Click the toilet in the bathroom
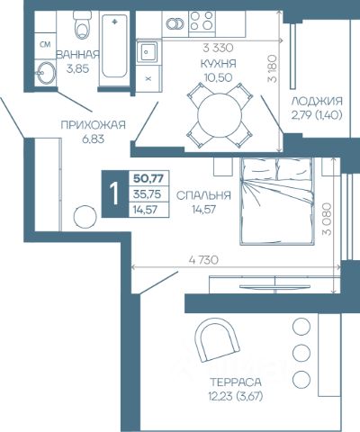pos(82,25)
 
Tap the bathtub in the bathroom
pos(114,46)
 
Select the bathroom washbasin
pos(45,73)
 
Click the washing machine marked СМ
pos(45,45)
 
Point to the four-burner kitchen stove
pos(202,22)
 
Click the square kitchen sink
pos(147,52)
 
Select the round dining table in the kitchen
pos(220,115)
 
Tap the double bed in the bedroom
pos(277,202)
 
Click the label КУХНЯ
pos(218,64)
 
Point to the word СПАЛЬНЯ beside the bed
pos(203,195)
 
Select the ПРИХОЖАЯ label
pos(93,125)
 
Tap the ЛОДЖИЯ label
pos(317,101)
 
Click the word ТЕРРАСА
pos(236,382)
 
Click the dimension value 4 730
pos(203,260)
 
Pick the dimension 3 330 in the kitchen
pos(218,48)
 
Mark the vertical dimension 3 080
pos(327,220)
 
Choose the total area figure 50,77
pos(148,178)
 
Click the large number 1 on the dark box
pos(114,193)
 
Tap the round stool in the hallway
pos(85,217)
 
